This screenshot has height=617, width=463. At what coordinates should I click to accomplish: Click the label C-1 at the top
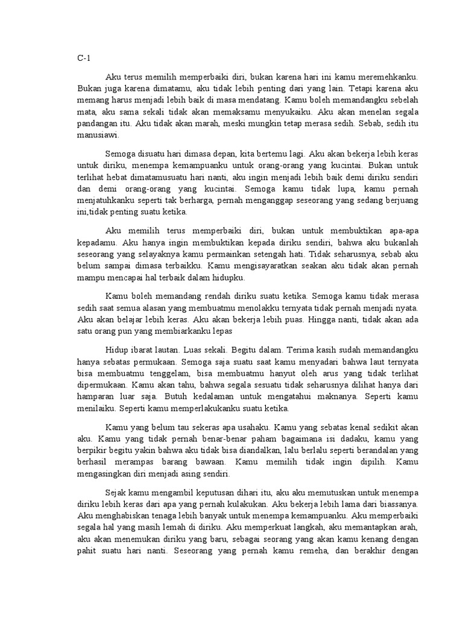tap(83, 59)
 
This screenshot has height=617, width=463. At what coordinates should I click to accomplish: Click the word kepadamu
tap(96, 241)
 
